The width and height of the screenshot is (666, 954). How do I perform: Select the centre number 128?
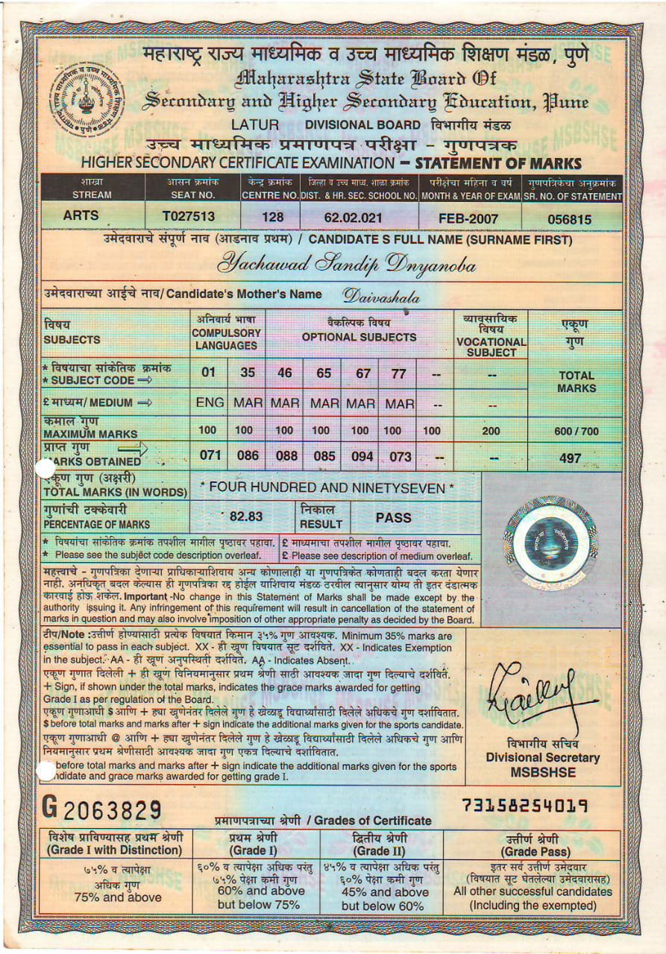(x=268, y=218)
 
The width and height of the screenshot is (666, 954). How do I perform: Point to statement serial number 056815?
(x=570, y=219)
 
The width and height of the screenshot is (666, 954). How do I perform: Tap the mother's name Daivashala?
(x=381, y=296)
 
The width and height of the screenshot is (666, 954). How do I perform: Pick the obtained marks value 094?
(x=362, y=456)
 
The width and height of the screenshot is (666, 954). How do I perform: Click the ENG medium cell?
(x=210, y=403)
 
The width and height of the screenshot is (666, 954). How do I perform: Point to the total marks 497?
(x=570, y=458)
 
